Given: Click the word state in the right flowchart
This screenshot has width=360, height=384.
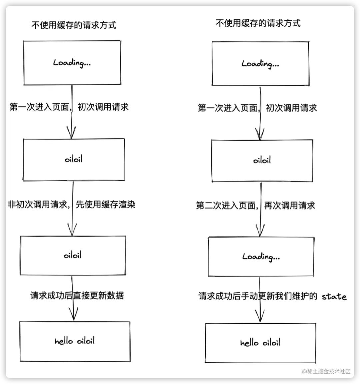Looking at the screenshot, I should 334,297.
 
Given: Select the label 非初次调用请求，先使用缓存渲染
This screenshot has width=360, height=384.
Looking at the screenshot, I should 72,205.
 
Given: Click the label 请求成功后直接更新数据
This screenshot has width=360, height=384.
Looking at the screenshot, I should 77,295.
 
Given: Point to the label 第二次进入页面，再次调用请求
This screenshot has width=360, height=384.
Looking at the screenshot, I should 255,206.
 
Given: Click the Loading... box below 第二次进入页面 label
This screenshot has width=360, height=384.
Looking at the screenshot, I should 261,257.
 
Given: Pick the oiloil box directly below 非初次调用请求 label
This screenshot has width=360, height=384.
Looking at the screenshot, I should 73,256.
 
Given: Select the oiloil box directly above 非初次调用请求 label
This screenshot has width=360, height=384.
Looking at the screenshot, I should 74,159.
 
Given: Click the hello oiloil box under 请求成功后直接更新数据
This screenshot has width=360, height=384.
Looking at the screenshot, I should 75,341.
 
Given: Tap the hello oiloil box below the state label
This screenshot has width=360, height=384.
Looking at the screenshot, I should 260,343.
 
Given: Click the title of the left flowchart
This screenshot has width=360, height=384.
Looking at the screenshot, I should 74,25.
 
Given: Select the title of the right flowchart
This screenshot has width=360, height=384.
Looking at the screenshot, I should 258,23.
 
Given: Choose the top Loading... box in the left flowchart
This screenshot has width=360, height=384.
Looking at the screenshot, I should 72,63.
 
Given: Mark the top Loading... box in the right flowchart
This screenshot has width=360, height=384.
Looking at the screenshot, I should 260,64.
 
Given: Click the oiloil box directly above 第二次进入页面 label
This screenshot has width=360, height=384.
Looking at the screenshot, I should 262,160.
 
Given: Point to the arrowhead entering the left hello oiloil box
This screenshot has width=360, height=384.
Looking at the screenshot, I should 73,315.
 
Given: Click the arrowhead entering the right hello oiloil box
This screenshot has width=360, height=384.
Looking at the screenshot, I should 260,316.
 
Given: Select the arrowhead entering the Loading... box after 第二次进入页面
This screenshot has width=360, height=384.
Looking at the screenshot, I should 260,231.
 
